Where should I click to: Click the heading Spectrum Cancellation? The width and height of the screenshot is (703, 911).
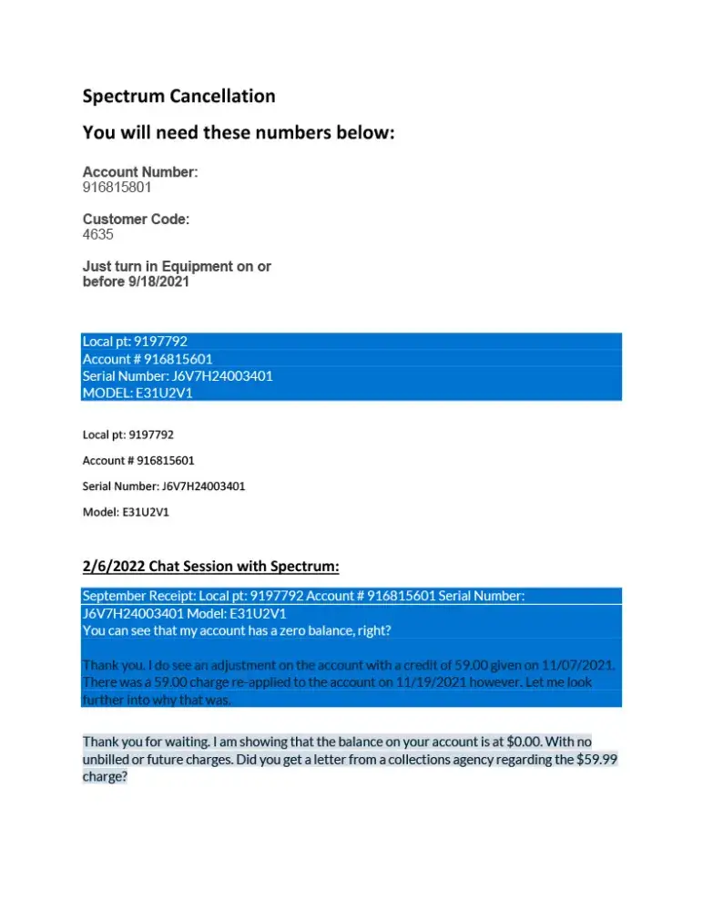[178, 96]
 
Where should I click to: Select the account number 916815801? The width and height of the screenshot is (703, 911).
[117, 188]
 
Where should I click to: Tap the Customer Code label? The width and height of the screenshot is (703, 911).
[136, 220]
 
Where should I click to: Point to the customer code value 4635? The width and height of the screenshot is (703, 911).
[98, 235]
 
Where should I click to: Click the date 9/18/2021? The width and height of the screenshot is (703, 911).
[160, 282]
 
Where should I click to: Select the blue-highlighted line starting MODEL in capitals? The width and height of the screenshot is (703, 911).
[138, 394]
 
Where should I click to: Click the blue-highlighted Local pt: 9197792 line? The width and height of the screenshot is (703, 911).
[135, 342]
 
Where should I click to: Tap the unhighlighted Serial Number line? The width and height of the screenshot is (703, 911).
[164, 486]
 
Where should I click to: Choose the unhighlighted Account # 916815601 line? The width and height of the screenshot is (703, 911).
[138, 460]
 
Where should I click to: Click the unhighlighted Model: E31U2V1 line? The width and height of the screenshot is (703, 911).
[126, 512]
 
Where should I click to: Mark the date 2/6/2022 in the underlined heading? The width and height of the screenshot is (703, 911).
[116, 567]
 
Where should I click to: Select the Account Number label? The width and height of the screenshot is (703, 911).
[140, 172]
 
